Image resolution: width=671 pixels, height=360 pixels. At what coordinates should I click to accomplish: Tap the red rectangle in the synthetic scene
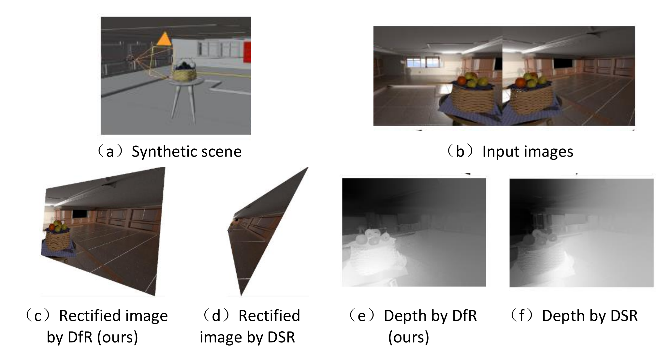point(247,52)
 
